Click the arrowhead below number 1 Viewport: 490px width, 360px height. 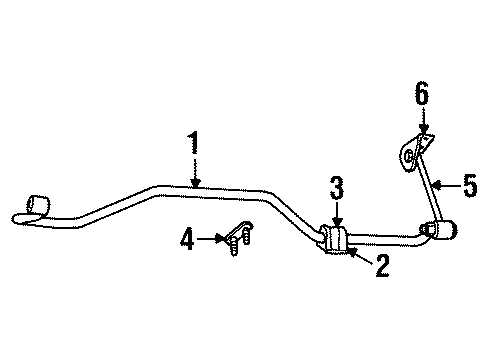click(194, 183)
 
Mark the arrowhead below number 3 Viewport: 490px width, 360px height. click(337, 223)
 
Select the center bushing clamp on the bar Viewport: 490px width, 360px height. click(337, 241)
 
